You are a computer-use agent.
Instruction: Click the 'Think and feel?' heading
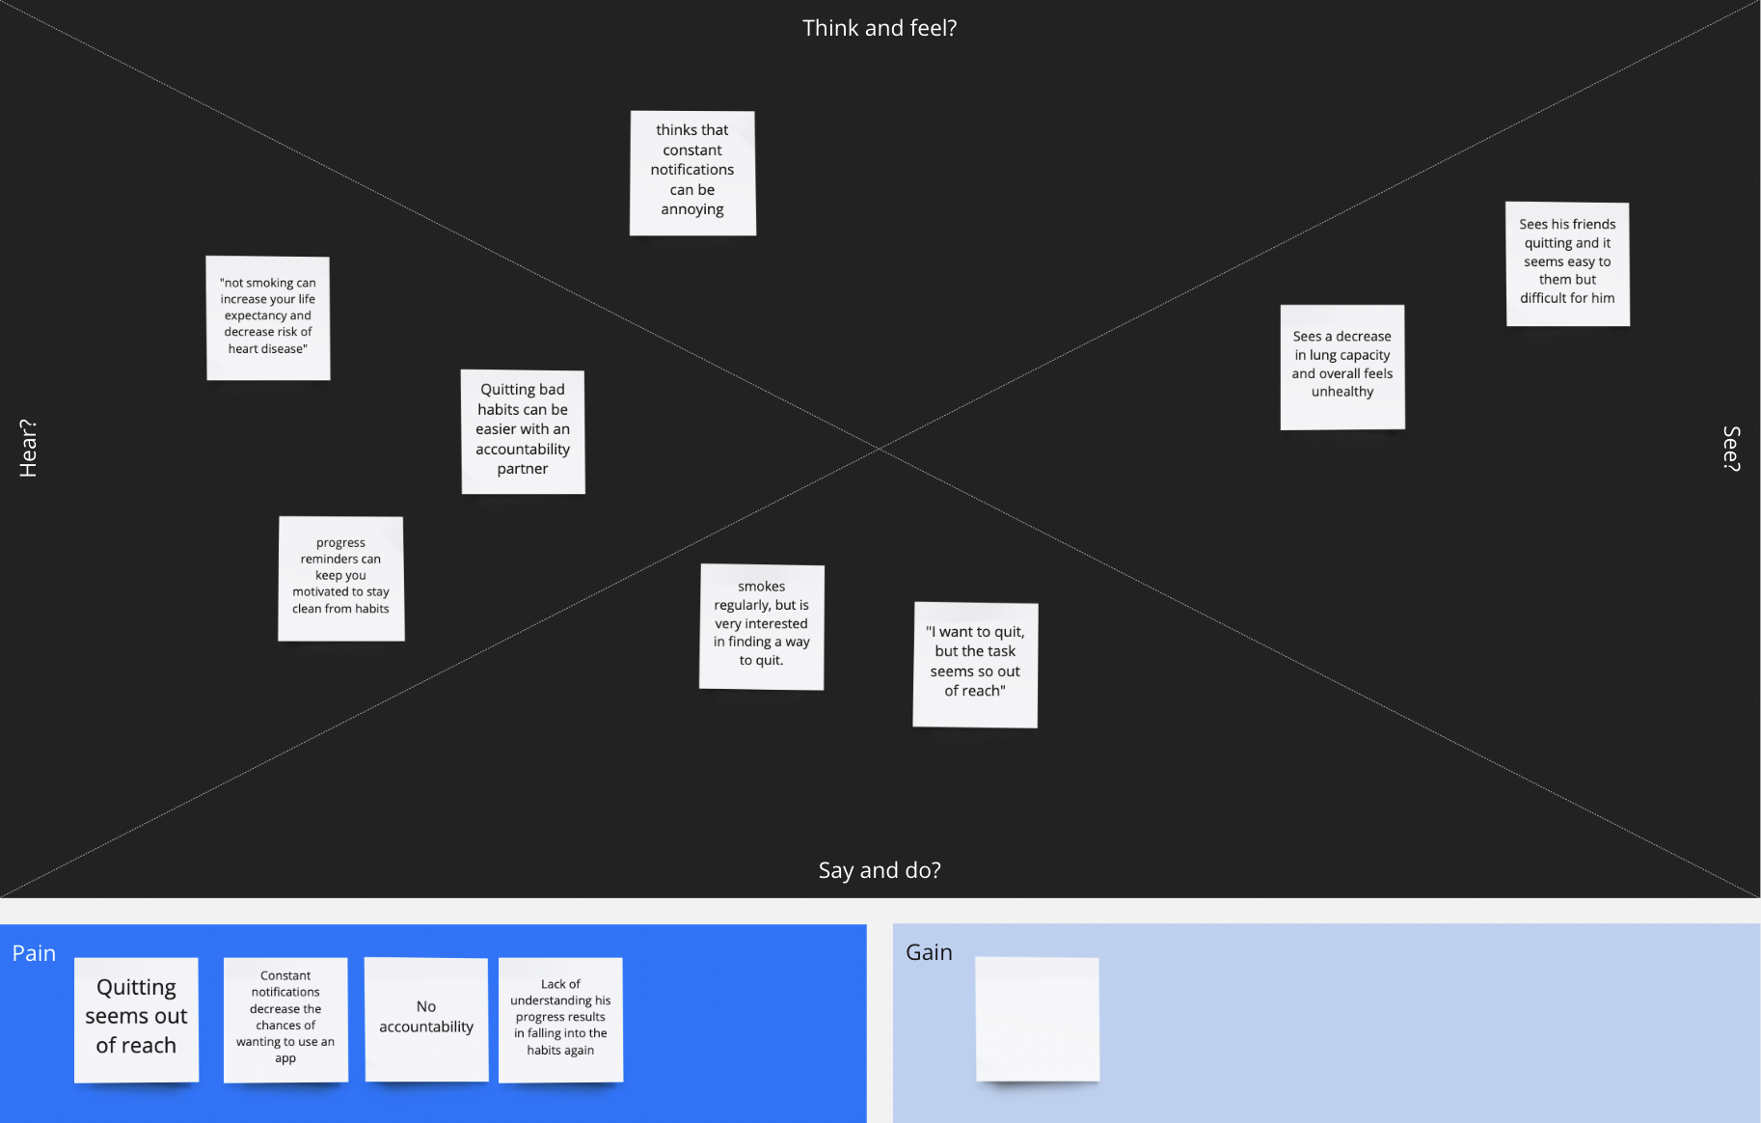(x=880, y=28)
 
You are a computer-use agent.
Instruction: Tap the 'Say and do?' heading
(x=880, y=870)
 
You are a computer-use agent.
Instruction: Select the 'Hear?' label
(x=28, y=448)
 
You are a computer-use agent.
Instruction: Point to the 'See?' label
(x=1731, y=449)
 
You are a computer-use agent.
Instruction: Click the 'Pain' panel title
(x=34, y=953)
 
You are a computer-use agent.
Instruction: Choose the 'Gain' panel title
(x=929, y=952)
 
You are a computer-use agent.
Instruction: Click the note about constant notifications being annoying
(x=692, y=173)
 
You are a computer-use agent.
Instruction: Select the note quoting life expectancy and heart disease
(x=268, y=317)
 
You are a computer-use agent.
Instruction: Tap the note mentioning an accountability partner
(x=523, y=431)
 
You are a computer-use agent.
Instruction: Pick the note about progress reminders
(x=341, y=578)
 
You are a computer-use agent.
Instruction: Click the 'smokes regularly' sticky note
(x=762, y=626)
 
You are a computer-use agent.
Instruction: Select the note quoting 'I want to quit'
(x=975, y=665)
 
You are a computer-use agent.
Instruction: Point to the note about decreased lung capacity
(x=1342, y=367)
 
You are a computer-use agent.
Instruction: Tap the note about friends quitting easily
(x=1567, y=263)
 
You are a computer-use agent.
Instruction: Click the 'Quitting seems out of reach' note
(x=136, y=1019)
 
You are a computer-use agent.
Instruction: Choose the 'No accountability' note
(x=426, y=1019)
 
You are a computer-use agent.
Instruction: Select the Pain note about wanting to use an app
(x=285, y=1019)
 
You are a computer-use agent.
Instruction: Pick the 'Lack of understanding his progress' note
(x=560, y=1019)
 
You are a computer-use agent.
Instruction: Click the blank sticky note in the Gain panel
(x=1037, y=1019)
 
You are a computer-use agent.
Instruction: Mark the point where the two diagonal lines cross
(x=880, y=449)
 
